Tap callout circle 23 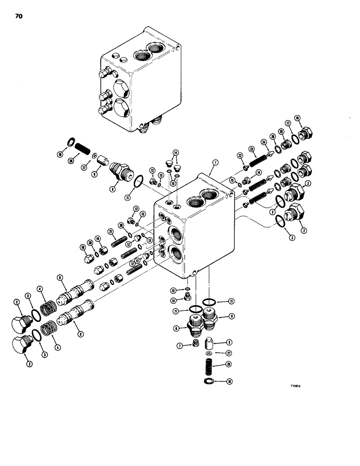(253, 150)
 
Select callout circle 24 (263, 143)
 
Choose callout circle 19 (98, 238)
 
